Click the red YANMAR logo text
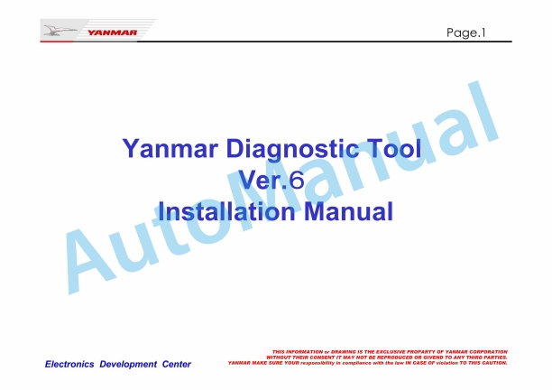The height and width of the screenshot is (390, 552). pos(112,32)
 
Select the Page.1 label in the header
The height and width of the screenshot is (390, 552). pos(465,32)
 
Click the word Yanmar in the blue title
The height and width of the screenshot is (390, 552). pos(170,148)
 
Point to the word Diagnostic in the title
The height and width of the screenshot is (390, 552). pos(294,149)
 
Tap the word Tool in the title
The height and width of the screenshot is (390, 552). pos(394,148)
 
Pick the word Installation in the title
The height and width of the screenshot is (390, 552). pos(226,211)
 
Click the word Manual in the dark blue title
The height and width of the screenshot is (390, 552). pos(348,211)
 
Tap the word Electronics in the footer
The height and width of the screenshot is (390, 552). pos(69,364)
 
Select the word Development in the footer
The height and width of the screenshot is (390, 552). pos(128,365)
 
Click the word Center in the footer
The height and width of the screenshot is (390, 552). pos(177,364)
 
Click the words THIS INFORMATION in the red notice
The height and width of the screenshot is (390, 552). pos(298,351)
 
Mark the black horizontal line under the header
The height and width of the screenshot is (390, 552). pos(324,42)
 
